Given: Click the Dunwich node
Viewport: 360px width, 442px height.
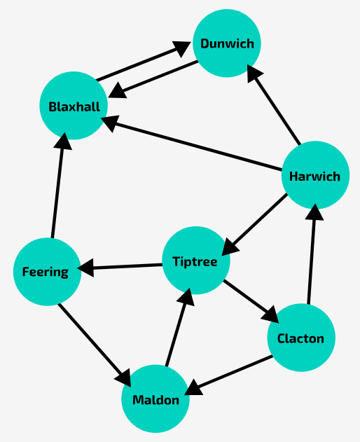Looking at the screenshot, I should click(227, 43).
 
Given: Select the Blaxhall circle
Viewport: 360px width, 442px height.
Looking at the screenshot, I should click(74, 106).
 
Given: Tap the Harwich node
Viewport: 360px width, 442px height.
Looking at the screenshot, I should click(314, 176).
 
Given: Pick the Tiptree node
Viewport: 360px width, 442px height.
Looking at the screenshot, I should click(196, 261).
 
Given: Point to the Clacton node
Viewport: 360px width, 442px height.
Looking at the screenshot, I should click(301, 338).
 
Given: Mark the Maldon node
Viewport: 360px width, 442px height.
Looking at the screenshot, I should click(155, 400).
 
